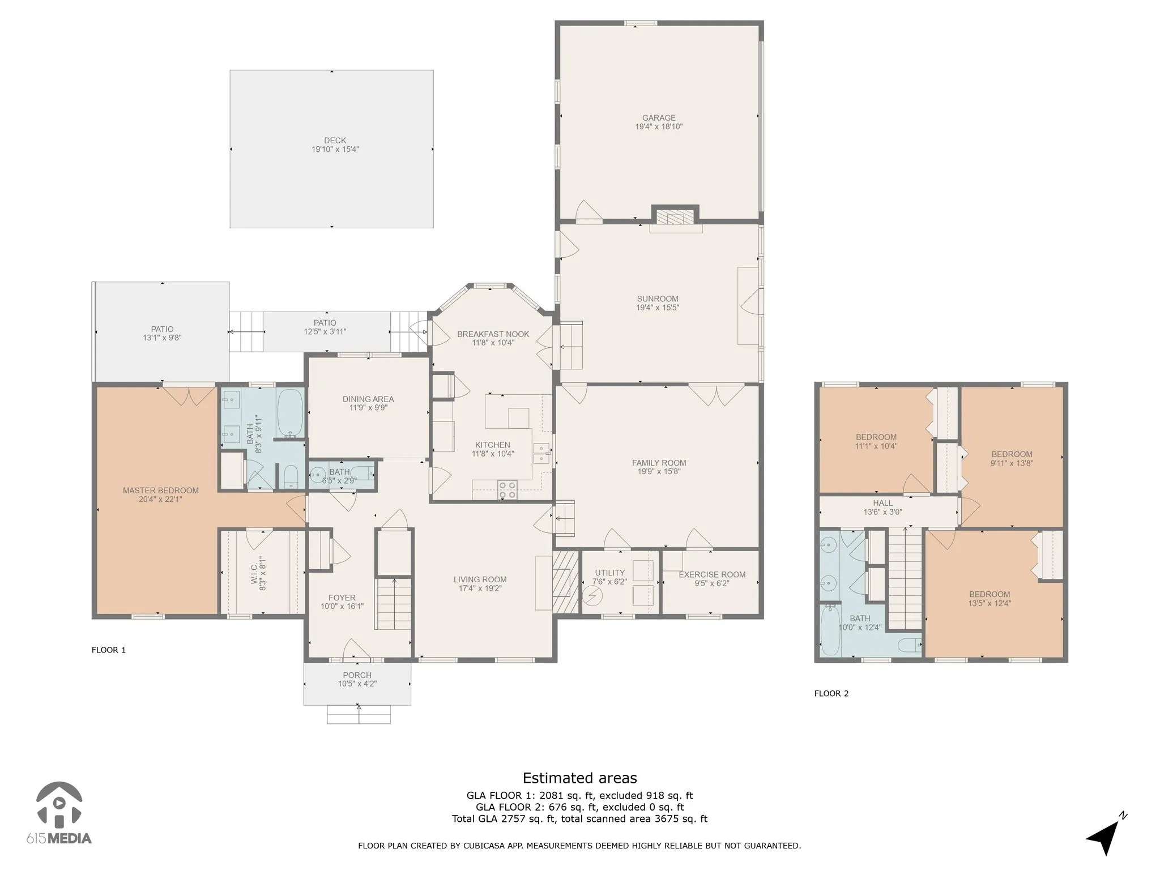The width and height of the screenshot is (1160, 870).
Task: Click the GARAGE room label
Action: coord(659,118)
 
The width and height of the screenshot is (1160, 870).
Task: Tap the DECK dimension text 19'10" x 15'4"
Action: coord(335,150)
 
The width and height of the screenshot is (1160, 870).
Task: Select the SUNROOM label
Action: coord(658,299)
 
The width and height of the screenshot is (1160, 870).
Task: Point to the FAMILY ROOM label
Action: coord(659,463)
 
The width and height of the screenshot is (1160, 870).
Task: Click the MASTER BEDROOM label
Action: coord(161,491)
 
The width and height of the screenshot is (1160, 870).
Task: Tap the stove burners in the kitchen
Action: coord(507,490)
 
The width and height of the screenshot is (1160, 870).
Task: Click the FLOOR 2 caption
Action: coord(831,693)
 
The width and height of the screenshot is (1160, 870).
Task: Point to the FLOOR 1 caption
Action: coord(109,650)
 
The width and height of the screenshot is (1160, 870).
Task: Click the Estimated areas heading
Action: coord(579,778)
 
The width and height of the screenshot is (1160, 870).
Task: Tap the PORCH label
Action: coord(357,675)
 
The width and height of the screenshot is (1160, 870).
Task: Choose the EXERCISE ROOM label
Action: coord(712,574)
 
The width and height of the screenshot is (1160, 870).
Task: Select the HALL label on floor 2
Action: coord(882,503)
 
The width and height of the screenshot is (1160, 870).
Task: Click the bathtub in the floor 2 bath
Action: coord(830,629)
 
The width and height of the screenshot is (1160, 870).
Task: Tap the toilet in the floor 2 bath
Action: coord(910,645)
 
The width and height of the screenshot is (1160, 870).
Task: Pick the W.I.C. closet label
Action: coord(254,574)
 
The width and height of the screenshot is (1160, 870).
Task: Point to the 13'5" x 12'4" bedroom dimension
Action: coord(990,603)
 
